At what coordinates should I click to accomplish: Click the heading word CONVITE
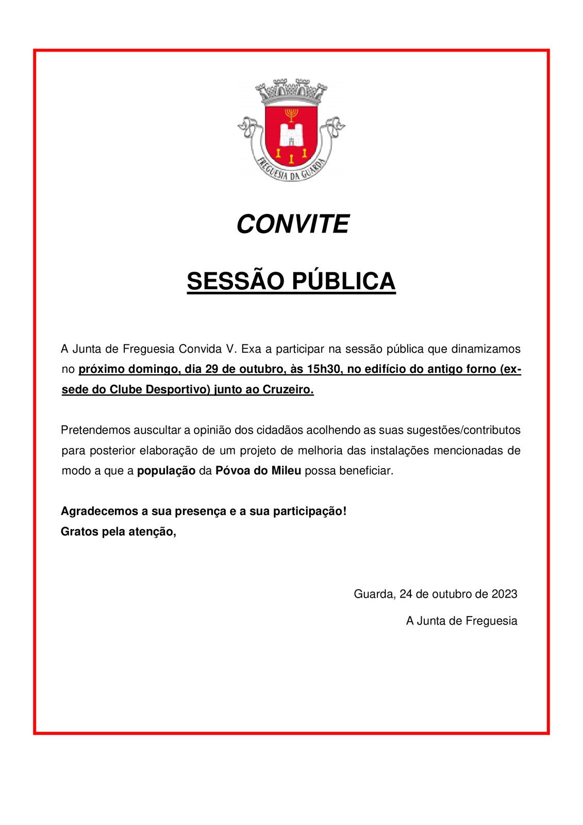[292, 224]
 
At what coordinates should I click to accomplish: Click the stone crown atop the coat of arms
[292, 91]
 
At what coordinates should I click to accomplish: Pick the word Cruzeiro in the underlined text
[288, 390]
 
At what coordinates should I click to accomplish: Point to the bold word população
[166, 471]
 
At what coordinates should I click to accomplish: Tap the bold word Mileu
[286, 471]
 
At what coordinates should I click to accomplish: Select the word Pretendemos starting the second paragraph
[95, 430]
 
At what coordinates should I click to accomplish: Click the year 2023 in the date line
[504, 594]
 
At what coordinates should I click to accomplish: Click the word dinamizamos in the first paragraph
[486, 349]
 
